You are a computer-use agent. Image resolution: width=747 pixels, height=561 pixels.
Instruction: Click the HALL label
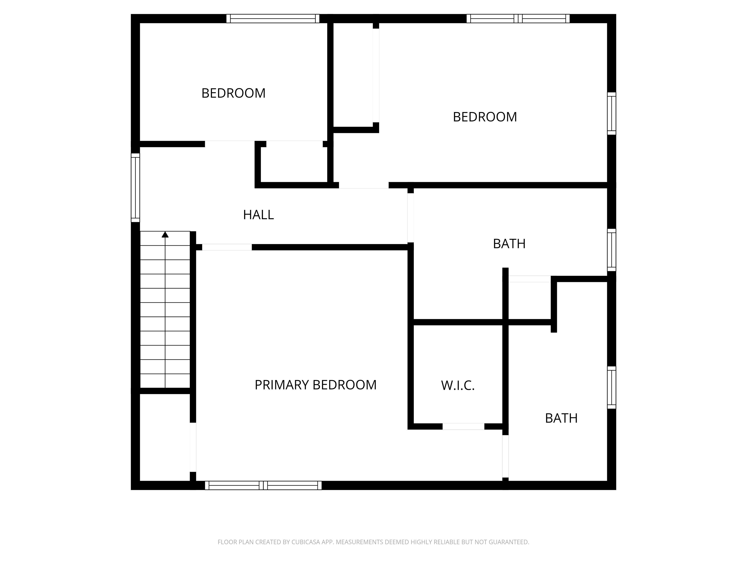click(x=258, y=215)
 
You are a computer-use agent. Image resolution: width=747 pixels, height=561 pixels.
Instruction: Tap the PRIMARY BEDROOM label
click(x=315, y=385)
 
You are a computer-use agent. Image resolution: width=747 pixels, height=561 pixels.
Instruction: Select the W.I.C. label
click(x=458, y=385)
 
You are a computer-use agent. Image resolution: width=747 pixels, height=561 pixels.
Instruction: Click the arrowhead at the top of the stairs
click(x=165, y=234)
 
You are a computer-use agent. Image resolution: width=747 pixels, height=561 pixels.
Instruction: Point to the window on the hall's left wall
click(x=135, y=188)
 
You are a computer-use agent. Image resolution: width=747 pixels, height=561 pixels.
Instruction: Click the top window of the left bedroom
click(x=273, y=19)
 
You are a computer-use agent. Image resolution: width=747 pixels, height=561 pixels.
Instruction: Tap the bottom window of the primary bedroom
click(x=263, y=485)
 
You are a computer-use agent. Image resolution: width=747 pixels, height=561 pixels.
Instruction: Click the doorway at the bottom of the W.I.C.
click(x=463, y=426)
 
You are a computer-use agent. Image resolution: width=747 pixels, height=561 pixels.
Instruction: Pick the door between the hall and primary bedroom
click(x=227, y=247)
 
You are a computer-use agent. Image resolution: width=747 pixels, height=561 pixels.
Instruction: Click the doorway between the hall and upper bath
click(x=411, y=218)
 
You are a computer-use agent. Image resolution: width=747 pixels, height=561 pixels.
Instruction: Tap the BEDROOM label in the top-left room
click(x=233, y=93)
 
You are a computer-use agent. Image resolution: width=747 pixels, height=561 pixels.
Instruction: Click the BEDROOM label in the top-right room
click(x=485, y=117)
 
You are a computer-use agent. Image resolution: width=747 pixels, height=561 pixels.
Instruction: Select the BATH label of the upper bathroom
click(x=509, y=244)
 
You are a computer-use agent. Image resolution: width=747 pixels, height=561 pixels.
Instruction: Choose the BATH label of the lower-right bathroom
click(x=561, y=418)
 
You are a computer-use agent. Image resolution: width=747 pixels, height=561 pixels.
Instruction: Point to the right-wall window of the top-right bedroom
click(x=612, y=114)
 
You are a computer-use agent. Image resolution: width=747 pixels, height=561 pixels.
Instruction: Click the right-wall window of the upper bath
click(x=612, y=250)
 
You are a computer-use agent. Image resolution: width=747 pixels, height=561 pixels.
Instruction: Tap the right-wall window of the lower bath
click(x=612, y=388)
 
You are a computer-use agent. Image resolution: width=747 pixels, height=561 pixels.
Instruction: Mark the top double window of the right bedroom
click(x=518, y=19)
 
